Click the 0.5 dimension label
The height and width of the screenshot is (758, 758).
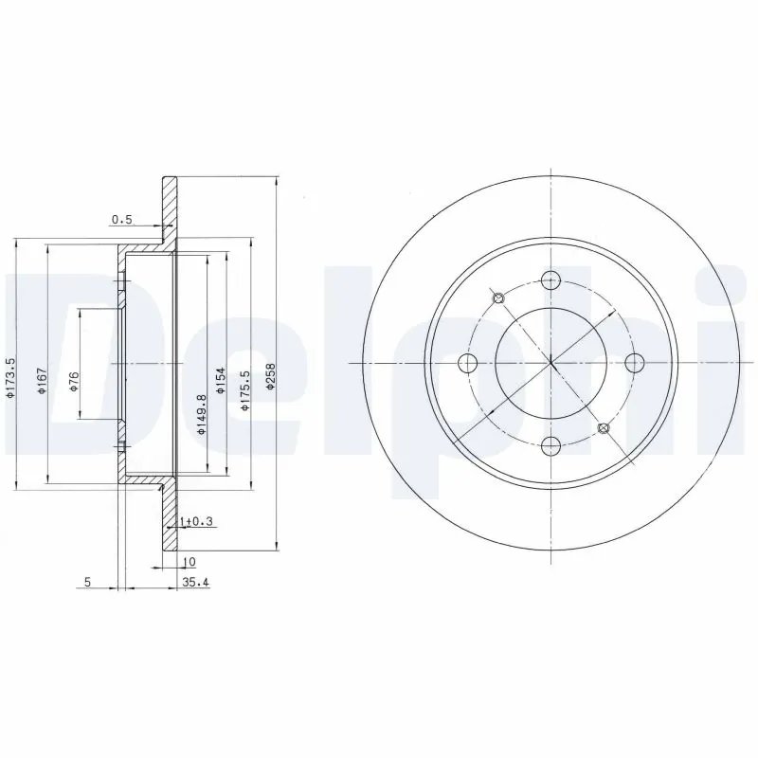click(x=121, y=220)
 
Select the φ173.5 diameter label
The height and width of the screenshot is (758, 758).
click(x=10, y=377)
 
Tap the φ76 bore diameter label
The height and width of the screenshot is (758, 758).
click(x=74, y=382)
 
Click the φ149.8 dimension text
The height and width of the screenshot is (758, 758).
click(x=201, y=413)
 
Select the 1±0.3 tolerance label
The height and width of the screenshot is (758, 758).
click(x=196, y=520)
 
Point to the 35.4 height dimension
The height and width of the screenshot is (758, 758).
click(x=194, y=582)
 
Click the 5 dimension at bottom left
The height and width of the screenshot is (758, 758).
click(x=86, y=582)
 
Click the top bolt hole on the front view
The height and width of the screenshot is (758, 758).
click(x=550, y=280)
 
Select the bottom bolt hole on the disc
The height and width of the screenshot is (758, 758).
click(x=550, y=444)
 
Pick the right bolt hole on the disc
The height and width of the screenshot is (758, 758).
click(x=633, y=362)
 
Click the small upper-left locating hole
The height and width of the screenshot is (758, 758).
click(x=500, y=298)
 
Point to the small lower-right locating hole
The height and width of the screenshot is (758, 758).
click(x=604, y=428)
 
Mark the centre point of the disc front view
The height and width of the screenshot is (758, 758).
click(x=550, y=362)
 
